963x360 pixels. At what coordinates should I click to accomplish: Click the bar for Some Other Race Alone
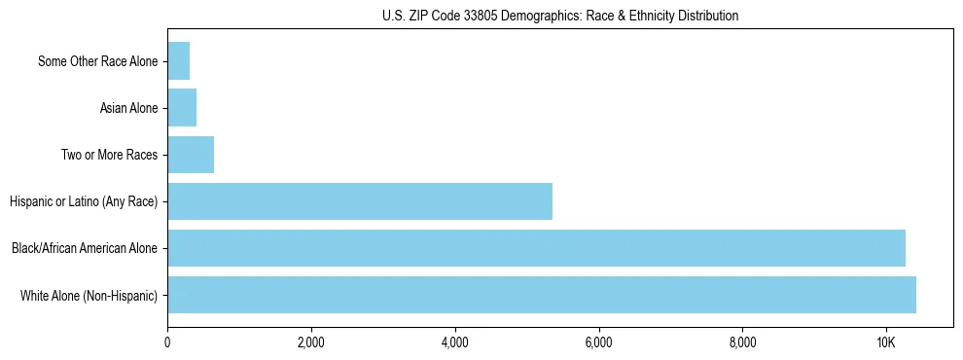(x=179, y=61)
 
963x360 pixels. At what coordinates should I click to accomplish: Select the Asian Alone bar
(x=182, y=108)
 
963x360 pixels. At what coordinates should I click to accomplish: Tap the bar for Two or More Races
(x=191, y=155)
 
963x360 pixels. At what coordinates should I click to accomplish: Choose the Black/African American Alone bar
(x=536, y=248)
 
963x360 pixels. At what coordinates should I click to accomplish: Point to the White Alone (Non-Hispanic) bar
(x=542, y=295)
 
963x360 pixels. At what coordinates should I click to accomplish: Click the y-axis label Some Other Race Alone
(x=97, y=61)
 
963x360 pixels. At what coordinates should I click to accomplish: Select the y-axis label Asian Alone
(x=128, y=108)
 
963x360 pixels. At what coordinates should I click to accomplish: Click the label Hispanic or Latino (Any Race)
(x=84, y=201)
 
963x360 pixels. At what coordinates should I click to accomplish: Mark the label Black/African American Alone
(x=85, y=248)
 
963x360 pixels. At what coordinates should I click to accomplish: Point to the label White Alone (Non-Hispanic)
(x=89, y=295)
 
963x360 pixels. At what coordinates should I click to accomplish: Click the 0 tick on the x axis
(x=167, y=343)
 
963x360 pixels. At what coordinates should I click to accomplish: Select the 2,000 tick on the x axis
(x=311, y=343)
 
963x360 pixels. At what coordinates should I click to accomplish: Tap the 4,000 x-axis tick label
(x=454, y=343)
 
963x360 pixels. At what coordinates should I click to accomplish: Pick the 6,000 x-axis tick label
(x=598, y=343)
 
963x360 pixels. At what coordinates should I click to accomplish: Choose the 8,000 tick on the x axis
(x=742, y=343)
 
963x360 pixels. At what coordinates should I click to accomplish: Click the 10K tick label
(x=885, y=343)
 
